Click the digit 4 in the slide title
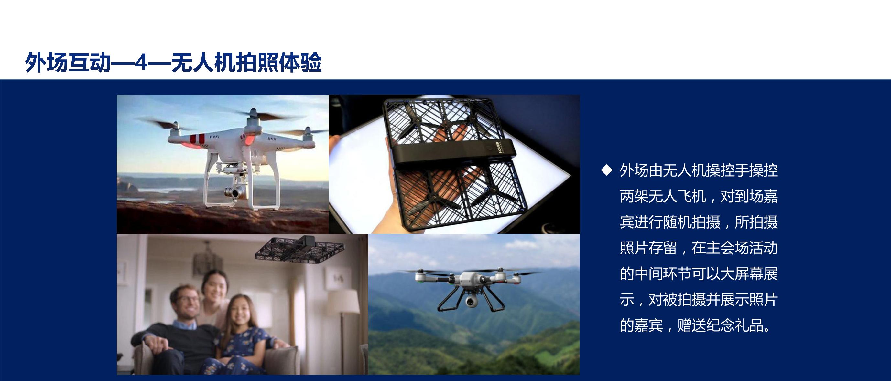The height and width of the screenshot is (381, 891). point(141,63)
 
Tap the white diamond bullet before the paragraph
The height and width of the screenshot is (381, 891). point(607,170)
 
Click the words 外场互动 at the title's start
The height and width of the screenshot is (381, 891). point(68,63)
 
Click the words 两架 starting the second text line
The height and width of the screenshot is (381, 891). point(634,196)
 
